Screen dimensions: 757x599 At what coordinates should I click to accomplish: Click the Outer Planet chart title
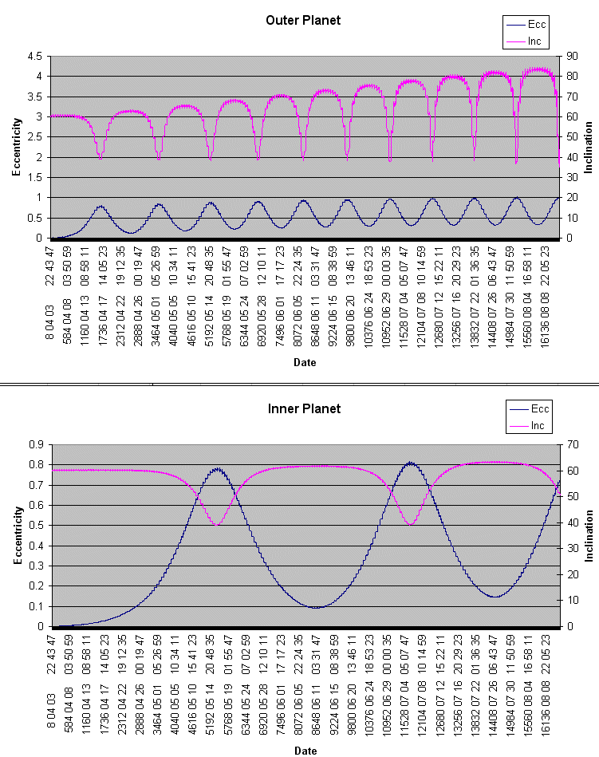[303, 20]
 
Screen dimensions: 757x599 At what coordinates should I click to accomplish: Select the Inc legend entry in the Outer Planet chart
[534, 39]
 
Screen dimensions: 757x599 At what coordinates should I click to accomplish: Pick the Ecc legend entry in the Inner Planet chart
[540, 409]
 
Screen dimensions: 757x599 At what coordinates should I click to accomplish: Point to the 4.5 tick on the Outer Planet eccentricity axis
[34, 56]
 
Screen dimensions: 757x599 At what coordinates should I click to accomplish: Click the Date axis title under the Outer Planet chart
[303, 362]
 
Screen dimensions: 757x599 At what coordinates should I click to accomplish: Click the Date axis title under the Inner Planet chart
[303, 751]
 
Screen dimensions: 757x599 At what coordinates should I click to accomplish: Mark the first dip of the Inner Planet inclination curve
[217, 524]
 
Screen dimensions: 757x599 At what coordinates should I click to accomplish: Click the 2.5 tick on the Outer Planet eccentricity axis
[34, 136]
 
